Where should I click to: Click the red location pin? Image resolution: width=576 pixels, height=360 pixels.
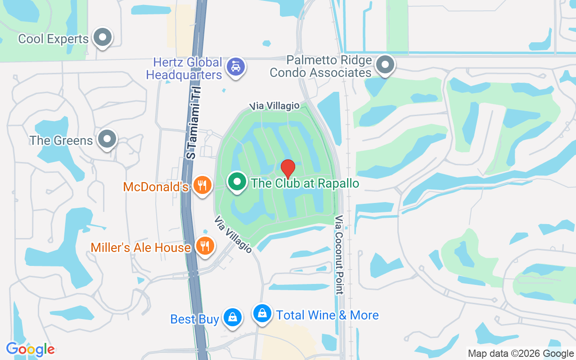tap(288, 169)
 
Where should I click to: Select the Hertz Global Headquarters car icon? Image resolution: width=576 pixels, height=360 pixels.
tap(235, 67)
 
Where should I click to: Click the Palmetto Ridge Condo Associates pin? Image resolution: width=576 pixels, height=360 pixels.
tap(385, 65)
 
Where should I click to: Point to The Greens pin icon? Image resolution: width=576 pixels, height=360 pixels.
tap(107, 139)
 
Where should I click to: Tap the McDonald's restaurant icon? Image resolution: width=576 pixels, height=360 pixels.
tap(202, 184)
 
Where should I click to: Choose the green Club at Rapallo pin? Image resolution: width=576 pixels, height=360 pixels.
tap(237, 182)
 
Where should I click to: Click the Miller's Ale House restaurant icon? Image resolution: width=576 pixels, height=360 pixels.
tap(205, 246)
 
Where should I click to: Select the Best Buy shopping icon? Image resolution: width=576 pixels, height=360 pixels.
tap(232, 317)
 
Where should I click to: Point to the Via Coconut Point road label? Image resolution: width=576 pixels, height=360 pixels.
tap(339, 255)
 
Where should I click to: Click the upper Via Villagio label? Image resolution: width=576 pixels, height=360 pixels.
tap(275, 106)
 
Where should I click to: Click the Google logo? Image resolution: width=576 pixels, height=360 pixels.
tap(30, 349)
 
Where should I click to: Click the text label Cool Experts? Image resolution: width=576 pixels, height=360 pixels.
tap(53, 39)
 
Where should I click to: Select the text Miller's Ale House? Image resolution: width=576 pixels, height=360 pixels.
tap(140, 247)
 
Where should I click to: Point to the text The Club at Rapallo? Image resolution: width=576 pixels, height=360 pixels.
tap(305, 183)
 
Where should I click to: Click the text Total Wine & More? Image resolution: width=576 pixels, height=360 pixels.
tap(327, 315)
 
